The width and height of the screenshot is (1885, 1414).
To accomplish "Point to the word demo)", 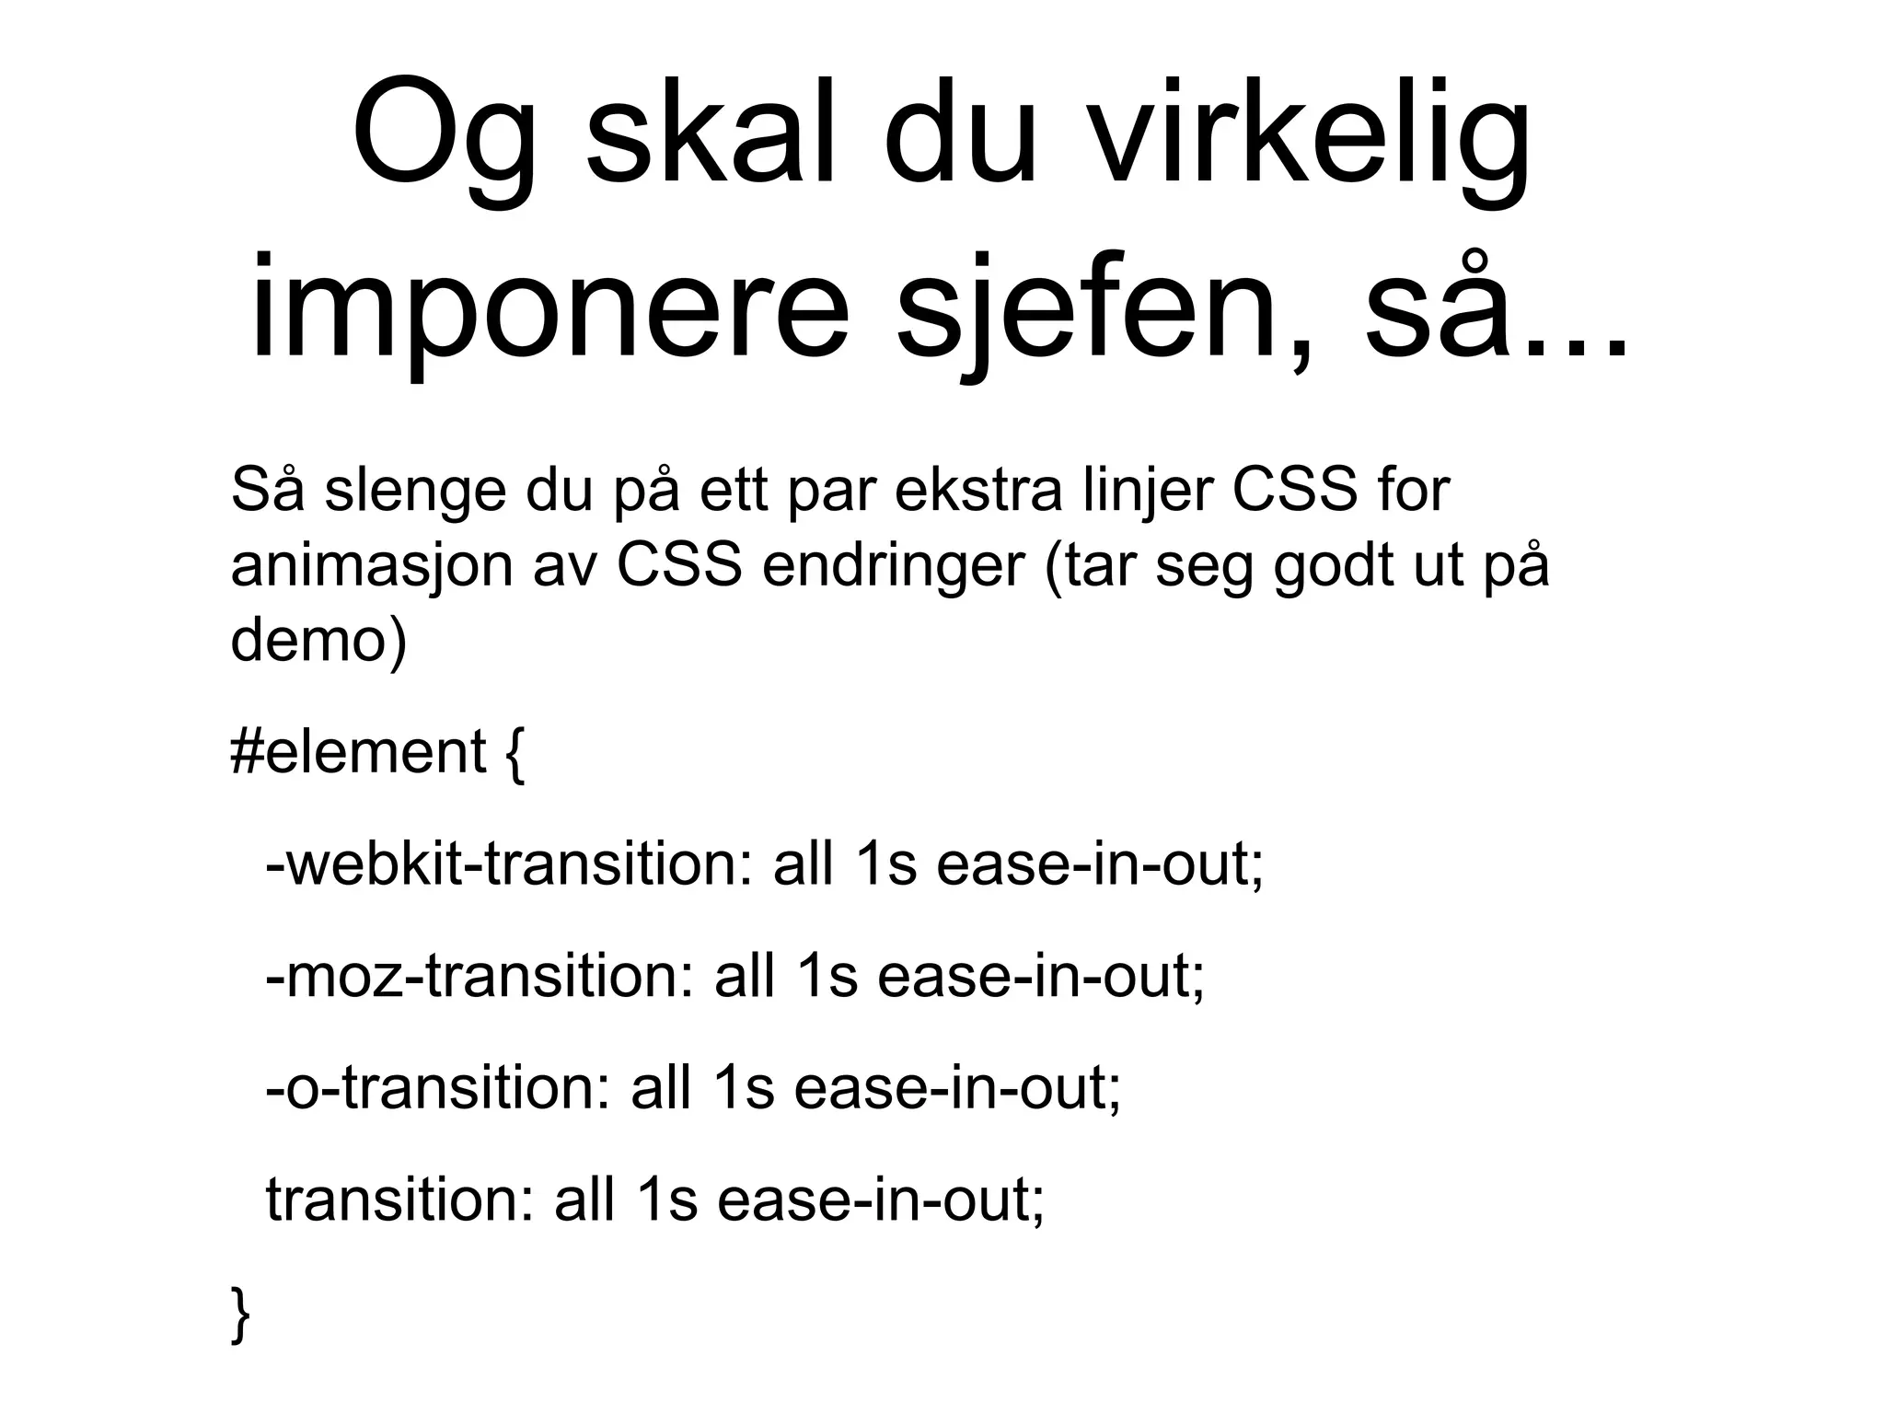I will tap(318, 640).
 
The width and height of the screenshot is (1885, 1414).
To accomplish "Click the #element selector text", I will tap(357, 752).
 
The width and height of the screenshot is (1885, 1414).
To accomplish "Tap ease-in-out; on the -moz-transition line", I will tap(1040, 976).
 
